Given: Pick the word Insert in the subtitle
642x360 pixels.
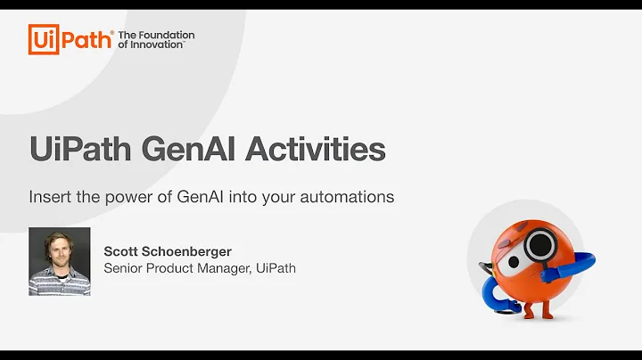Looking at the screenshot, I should (x=49, y=197).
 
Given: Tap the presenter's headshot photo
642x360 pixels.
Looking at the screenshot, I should (x=60, y=261).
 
